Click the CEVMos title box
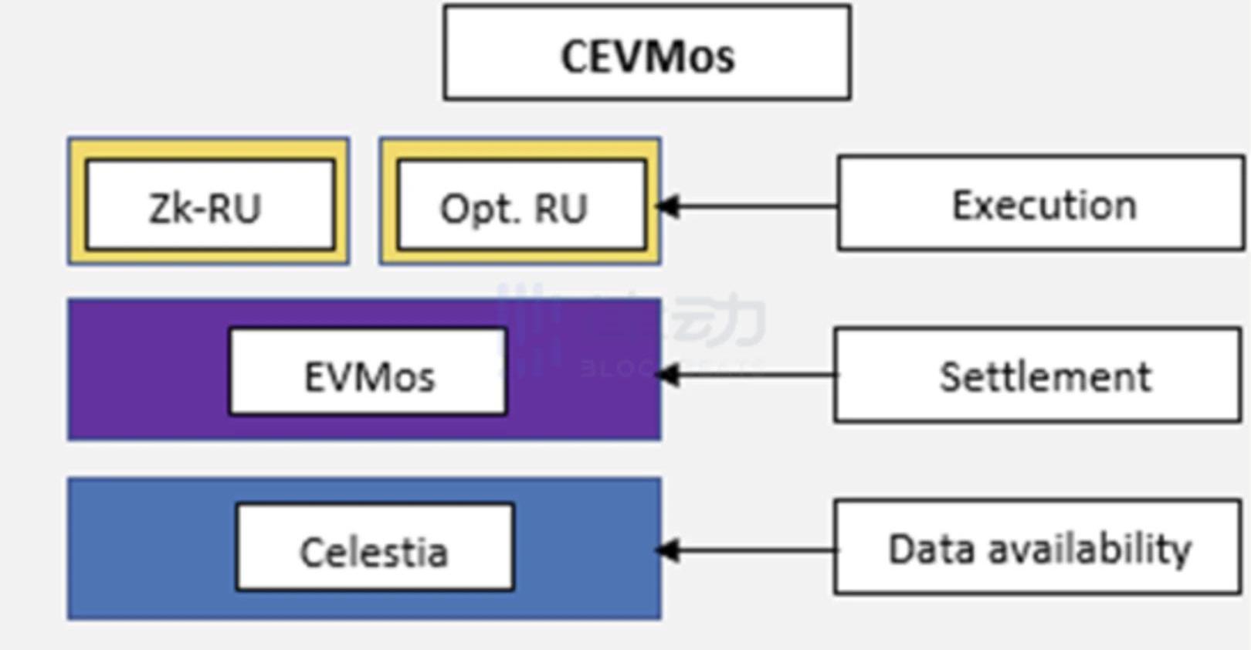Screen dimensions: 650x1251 pyautogui.click(x=647, y=53)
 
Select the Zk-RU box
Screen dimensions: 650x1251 pyautogui.click(x=208, y=205)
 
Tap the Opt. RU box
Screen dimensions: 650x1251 pyautogui.click(x=520, y=205)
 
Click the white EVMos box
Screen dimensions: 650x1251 pyautogui.click(x=368, y=373)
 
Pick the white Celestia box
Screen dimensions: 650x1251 pyautogui.click(x=375, y=548)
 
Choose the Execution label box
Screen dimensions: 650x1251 pyautogui.click(x=1040, y=204)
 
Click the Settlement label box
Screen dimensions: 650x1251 pyautogui.click(x=1037, y=376)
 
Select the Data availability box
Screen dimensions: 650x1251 pyautogui.click(x=1037, y=548)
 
